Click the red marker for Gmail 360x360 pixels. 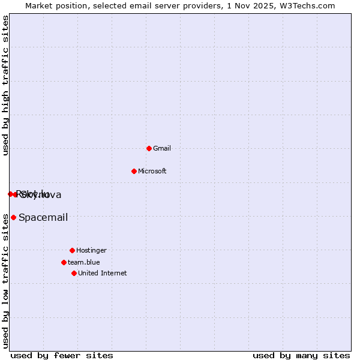(149, 148)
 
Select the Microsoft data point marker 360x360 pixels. (134, 171)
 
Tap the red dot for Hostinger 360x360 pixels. (72, 250)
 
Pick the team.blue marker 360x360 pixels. (64, 262)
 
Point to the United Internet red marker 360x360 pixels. (74, 273)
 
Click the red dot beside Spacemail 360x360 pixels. (13, 217)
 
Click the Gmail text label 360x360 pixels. (162, 148)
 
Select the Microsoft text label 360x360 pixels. (152, 171)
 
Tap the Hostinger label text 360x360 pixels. (91, 250)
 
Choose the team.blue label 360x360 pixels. (84, 262)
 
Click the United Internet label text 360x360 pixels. (103, 273)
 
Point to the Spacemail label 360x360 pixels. (43, 217)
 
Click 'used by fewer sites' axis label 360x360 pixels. (62, 355)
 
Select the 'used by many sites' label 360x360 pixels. (301, 355)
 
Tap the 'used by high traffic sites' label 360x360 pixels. (6, 85)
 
